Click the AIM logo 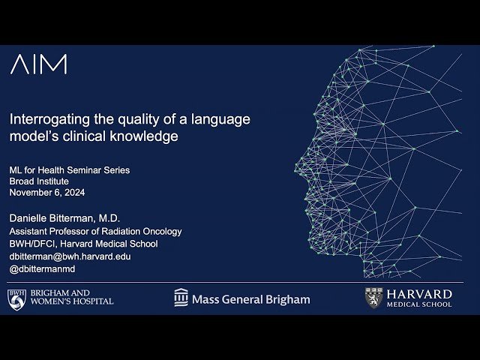tap(38, 64)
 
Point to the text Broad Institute tap(39, 181)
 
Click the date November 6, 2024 tap(48, 193)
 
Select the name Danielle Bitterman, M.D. tap(64, 218)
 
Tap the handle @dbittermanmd tap(42, 268)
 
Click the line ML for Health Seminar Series tap(69, 170)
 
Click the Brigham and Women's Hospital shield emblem tap(16, 298)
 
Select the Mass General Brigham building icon tap(181, 298)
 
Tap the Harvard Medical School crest tap(374, 298)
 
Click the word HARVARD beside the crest tap(419, 293)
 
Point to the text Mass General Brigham tap(250, 299)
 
